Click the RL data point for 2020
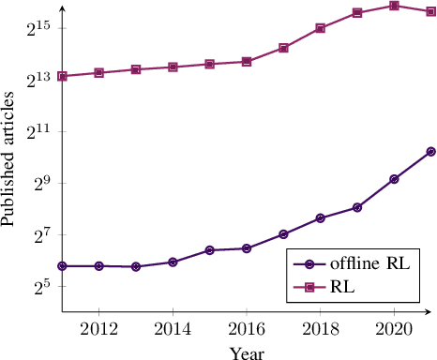click(394, 6)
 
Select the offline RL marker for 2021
click(430, 151)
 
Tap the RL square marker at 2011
click(62, 76)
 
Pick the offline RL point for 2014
click(173, 262)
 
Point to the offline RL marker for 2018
click(320, 217)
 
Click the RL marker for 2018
click(320, 28)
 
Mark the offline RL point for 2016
click(247, 248)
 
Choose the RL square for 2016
click(247, 61)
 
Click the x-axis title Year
click(247, 352)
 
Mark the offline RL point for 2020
click(394, 178)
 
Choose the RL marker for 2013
click(136, 69)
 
